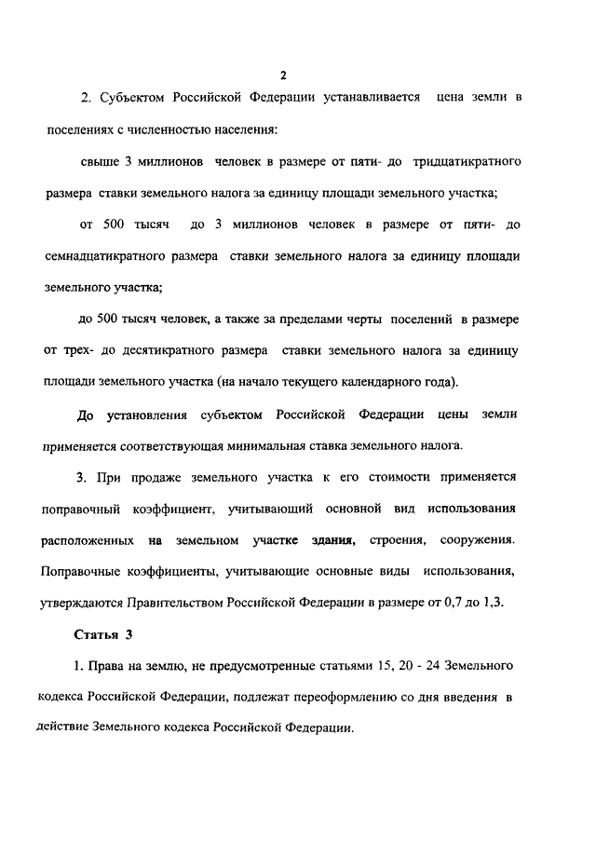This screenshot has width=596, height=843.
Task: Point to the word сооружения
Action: (x=477, y=540)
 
